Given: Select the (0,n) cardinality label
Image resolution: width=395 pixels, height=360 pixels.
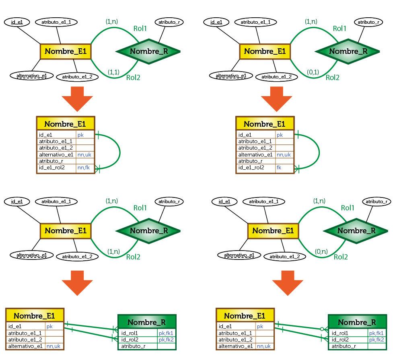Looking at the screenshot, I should tap(321, 252).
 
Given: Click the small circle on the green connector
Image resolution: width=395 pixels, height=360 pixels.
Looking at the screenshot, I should tap(322, 329).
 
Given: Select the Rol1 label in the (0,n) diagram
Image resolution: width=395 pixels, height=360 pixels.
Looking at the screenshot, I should tap(348, 208).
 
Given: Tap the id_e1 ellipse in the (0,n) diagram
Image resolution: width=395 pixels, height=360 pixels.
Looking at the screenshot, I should tap(224, 201).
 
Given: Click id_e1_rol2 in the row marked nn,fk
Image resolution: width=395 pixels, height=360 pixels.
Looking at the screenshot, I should tap(52, 168).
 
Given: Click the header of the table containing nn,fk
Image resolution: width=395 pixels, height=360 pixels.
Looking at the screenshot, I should tap(66, 124).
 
